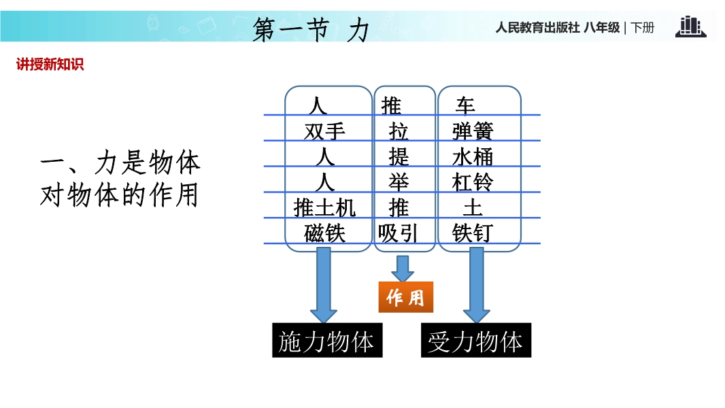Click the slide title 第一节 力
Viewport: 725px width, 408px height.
coord(311,29)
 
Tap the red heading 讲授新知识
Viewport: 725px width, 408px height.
coord(50,64)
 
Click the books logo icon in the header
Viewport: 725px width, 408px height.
coord(690,27)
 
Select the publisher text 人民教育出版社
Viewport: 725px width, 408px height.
coord(538,28)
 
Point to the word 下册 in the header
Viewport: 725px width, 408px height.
coord(642,28)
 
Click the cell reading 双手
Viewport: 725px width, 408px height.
coord(324,132)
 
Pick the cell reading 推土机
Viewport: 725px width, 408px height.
coord(324,208)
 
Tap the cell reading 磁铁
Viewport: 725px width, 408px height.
coord(324,233)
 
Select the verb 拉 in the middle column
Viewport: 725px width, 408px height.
coord(399,132)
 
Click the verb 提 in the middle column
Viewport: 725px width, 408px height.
coord(399,157)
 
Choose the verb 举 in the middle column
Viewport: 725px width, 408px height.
coord(399,182)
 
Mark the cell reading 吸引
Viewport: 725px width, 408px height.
coord(398,233)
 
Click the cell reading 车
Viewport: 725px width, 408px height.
coord(465,106)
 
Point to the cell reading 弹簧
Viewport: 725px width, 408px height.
coord(473,132)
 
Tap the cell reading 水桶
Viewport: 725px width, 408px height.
coord(473,157)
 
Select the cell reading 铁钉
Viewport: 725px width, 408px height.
coord(473,233)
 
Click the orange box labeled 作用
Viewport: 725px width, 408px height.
coord(406,297)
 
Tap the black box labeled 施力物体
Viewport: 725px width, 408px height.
coord(327,340)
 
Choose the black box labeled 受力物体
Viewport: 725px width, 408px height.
coord(476,340)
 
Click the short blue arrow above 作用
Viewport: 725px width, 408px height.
coord(403,269)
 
